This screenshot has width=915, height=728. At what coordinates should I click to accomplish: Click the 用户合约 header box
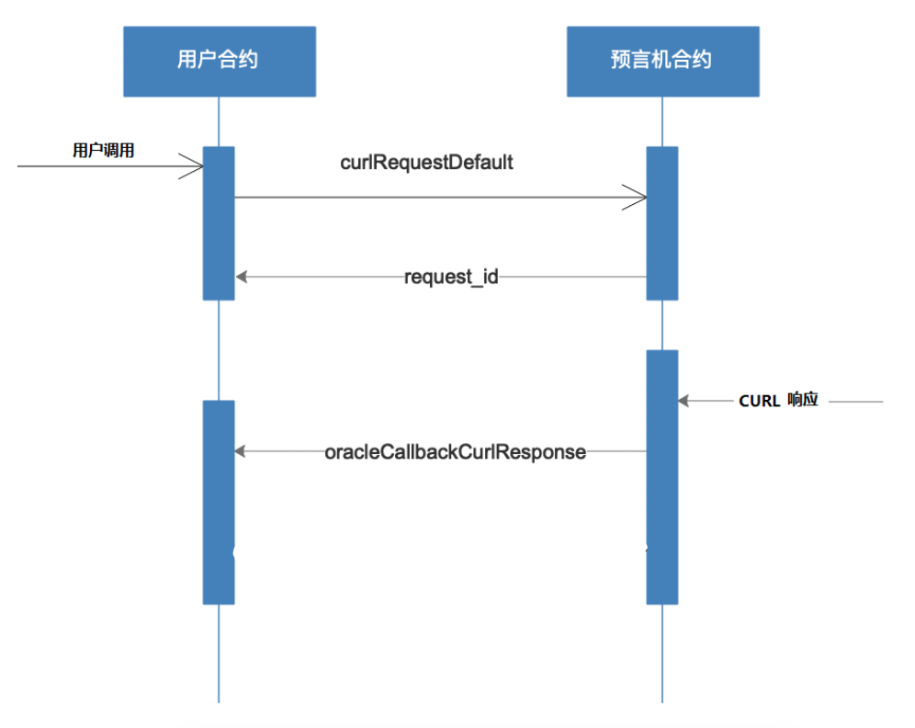pyautogui.click(x=220, y=61)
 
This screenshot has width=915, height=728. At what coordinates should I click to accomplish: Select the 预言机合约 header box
pyautogui.click(x=662, y=61)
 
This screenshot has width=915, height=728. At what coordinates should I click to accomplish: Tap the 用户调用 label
pyautogui.click(x=104, y=151)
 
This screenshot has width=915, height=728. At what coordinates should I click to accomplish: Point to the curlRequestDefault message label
pyautogui.click(x=426, y=163)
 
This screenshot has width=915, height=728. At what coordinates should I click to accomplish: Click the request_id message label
pyautogui.click(x=451, y=276)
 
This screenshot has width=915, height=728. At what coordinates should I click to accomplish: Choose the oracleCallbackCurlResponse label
pyautogui.click(x=455, y=451)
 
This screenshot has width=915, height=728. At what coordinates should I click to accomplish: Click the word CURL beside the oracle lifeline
pyautogui.click(x=759, y=402)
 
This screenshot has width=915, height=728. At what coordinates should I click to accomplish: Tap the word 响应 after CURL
pyautogui.click(x=802, y=401)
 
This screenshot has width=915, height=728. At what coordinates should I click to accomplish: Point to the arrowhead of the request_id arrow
pyautogui.click(x=241, y=276)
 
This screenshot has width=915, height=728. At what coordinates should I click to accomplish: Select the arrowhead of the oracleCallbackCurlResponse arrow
pyautogui.click(x=241, y=451)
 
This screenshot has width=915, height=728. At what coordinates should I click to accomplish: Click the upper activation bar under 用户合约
pyautogui.click(x=219, y=222)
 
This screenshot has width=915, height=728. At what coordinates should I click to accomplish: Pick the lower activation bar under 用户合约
pyautogui.click(x=219, y=502)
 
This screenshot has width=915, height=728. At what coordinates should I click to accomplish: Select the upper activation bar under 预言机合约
pyautogui.click(x=661, y=222)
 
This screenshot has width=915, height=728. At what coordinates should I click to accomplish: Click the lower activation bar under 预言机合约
pyautogui.click(x=661, y=476)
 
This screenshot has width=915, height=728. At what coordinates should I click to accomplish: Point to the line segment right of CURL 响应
pyautogui.click(x=854, y=402)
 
